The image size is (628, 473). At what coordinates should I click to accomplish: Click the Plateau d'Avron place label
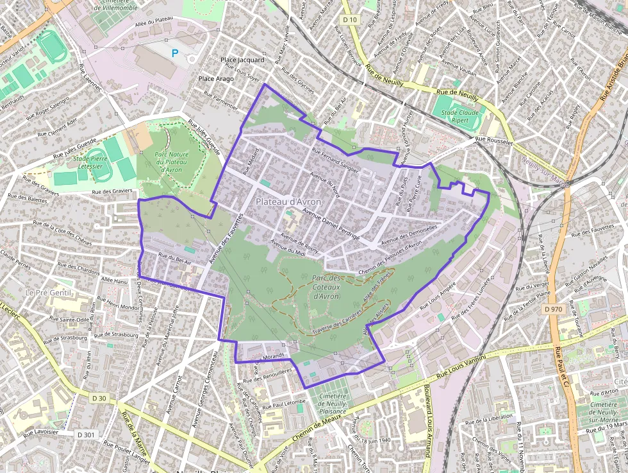coord(288,202)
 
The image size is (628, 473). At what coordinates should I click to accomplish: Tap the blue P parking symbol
coord(175,53)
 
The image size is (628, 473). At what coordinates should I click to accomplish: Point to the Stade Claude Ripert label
coord(459,115)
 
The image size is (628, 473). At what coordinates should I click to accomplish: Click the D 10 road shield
coord(349,20)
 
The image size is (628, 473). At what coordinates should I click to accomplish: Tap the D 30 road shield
coord(99,398)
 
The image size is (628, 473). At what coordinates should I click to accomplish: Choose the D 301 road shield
coord(86,435)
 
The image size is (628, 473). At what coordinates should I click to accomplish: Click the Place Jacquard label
coord(242,60)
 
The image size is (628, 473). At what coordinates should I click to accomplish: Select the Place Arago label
coord(216,78)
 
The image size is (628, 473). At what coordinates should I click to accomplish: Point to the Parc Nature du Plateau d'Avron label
coord(171,162)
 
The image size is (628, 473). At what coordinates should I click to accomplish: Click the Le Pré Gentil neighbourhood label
coord(47,292)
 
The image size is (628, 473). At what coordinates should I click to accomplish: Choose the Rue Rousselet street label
coord(493,141)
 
